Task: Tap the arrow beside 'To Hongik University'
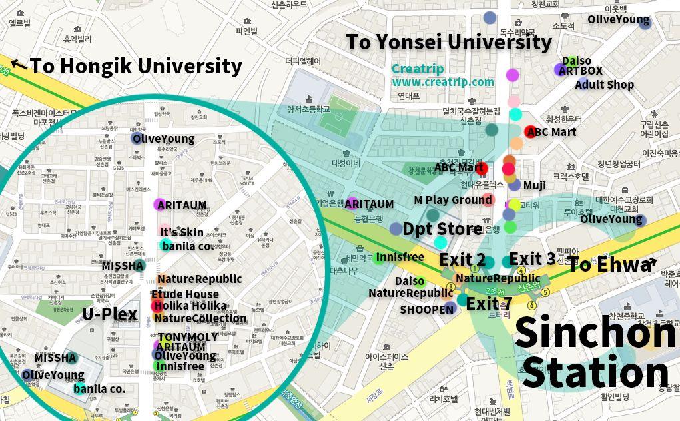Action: pyautogui.click(x=19, y=65)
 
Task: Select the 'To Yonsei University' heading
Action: pyautogui.click(x=449, y=42)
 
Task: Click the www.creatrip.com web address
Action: pyautogui.click(x=443, y=82)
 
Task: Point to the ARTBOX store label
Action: pyautogui.click(x=580, y=71)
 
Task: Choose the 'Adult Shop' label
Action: pyautogui.click(x=604, y=85)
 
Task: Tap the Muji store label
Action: pyautogui.click(x=534, y=185)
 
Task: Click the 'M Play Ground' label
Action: pyautogui.click(x=453, y=200)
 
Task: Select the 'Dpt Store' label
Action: pyautogui.click(x=442, y=229)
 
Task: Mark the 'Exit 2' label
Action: pyautogui.click(x=462, y=259)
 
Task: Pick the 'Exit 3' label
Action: pyautogui.click(x=532, y=259)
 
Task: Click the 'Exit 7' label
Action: pyautogui.click(x=489, y=304)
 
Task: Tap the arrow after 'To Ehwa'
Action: pyautogui.click(x=651, y=262)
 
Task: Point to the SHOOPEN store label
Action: pyautogui.click(x=426, y=309)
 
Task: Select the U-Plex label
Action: pyautogui.click(x=110, y=314)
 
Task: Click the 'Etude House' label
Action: pyautogui.click(x=184, y=294)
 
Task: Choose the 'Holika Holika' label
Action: pyautogui.click(x=190, y=306)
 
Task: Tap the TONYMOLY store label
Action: pyautogui.click(x=188, y=337)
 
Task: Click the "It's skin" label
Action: pyautogui.click(x=182, y=232)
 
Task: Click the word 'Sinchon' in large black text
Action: pyautogui.click(x=595, y=332)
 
